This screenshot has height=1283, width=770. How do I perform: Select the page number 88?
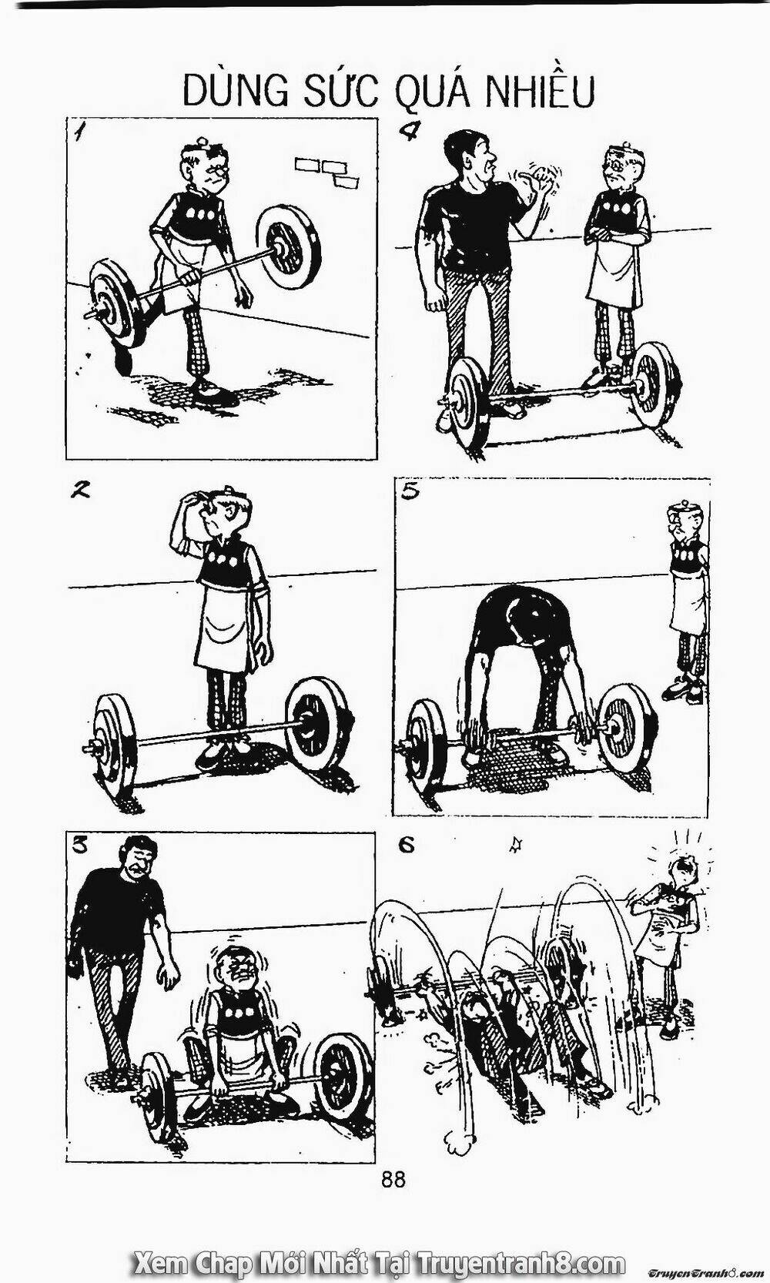392,1163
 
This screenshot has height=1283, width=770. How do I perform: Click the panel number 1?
80,133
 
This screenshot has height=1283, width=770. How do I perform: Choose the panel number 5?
410,492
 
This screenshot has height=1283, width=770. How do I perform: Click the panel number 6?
407,846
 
